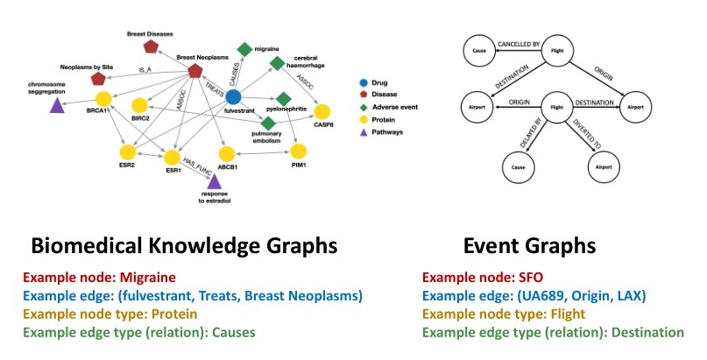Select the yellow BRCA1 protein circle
click(x=102, y=100)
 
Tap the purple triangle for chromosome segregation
click(x=57, y=106)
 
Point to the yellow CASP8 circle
click(x=322, y=111)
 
